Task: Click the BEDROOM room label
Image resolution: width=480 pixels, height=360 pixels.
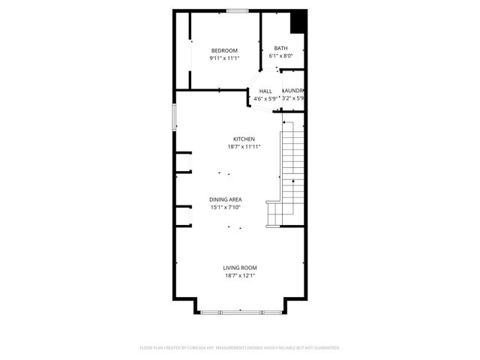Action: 223,50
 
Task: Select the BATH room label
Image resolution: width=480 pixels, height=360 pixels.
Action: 280,49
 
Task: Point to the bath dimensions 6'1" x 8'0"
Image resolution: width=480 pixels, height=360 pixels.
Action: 280,55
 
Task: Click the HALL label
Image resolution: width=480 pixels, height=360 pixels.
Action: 265,91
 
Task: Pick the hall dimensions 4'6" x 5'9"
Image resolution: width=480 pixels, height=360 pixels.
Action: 265,98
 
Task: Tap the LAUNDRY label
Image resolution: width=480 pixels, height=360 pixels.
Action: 293,91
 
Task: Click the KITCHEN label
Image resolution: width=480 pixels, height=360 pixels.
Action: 244,139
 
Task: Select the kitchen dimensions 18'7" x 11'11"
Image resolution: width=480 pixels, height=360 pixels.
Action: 244,147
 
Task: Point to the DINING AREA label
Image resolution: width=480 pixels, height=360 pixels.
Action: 225,199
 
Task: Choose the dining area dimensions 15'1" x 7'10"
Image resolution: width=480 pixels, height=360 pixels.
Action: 225,207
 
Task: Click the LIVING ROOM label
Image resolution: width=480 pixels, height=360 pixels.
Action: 239,268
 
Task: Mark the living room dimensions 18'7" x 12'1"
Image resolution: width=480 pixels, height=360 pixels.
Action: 239,275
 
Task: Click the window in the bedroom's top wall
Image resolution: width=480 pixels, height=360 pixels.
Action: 238,10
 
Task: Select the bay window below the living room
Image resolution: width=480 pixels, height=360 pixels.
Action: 241,310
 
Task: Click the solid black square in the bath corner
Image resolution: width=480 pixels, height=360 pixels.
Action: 298,21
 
